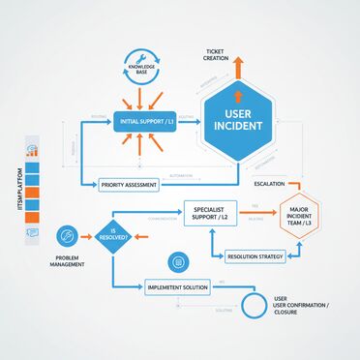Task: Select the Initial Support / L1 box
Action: [143, 122]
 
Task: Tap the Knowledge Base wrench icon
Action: [143, 57]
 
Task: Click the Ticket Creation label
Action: [216, 54]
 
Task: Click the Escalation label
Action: [269, 184]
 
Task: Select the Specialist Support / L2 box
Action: [210, 212]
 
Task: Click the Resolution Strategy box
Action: [255, 257]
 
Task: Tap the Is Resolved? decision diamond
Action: [112, 234]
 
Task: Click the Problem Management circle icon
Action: [67, 235]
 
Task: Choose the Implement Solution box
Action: [177, 287]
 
